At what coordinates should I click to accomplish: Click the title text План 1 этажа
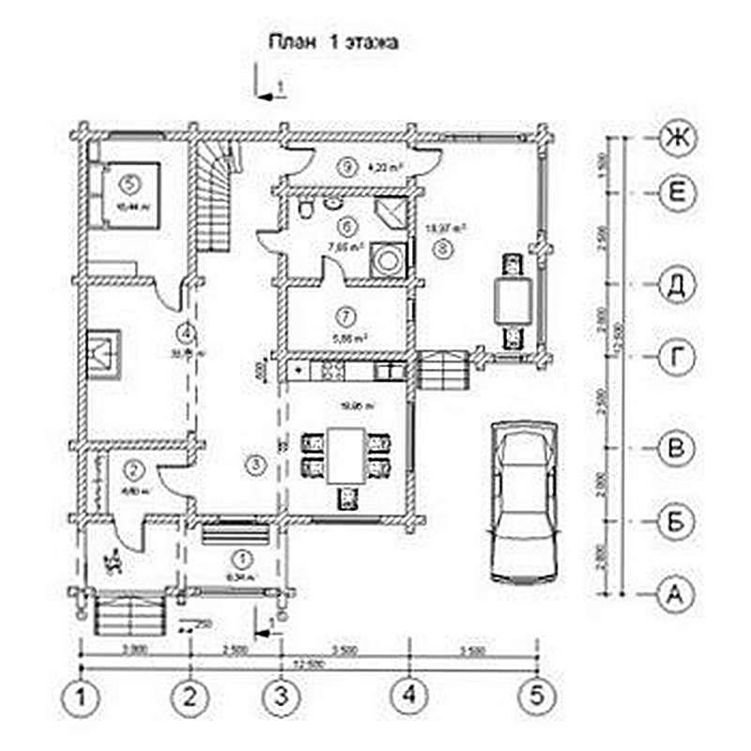coord(335,42)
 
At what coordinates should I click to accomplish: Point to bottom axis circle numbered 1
coord(84,697)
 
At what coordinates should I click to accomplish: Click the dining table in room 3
coord(346,456)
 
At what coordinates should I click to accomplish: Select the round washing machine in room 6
coord(386,256)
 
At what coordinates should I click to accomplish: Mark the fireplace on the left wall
coord(103,355)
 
